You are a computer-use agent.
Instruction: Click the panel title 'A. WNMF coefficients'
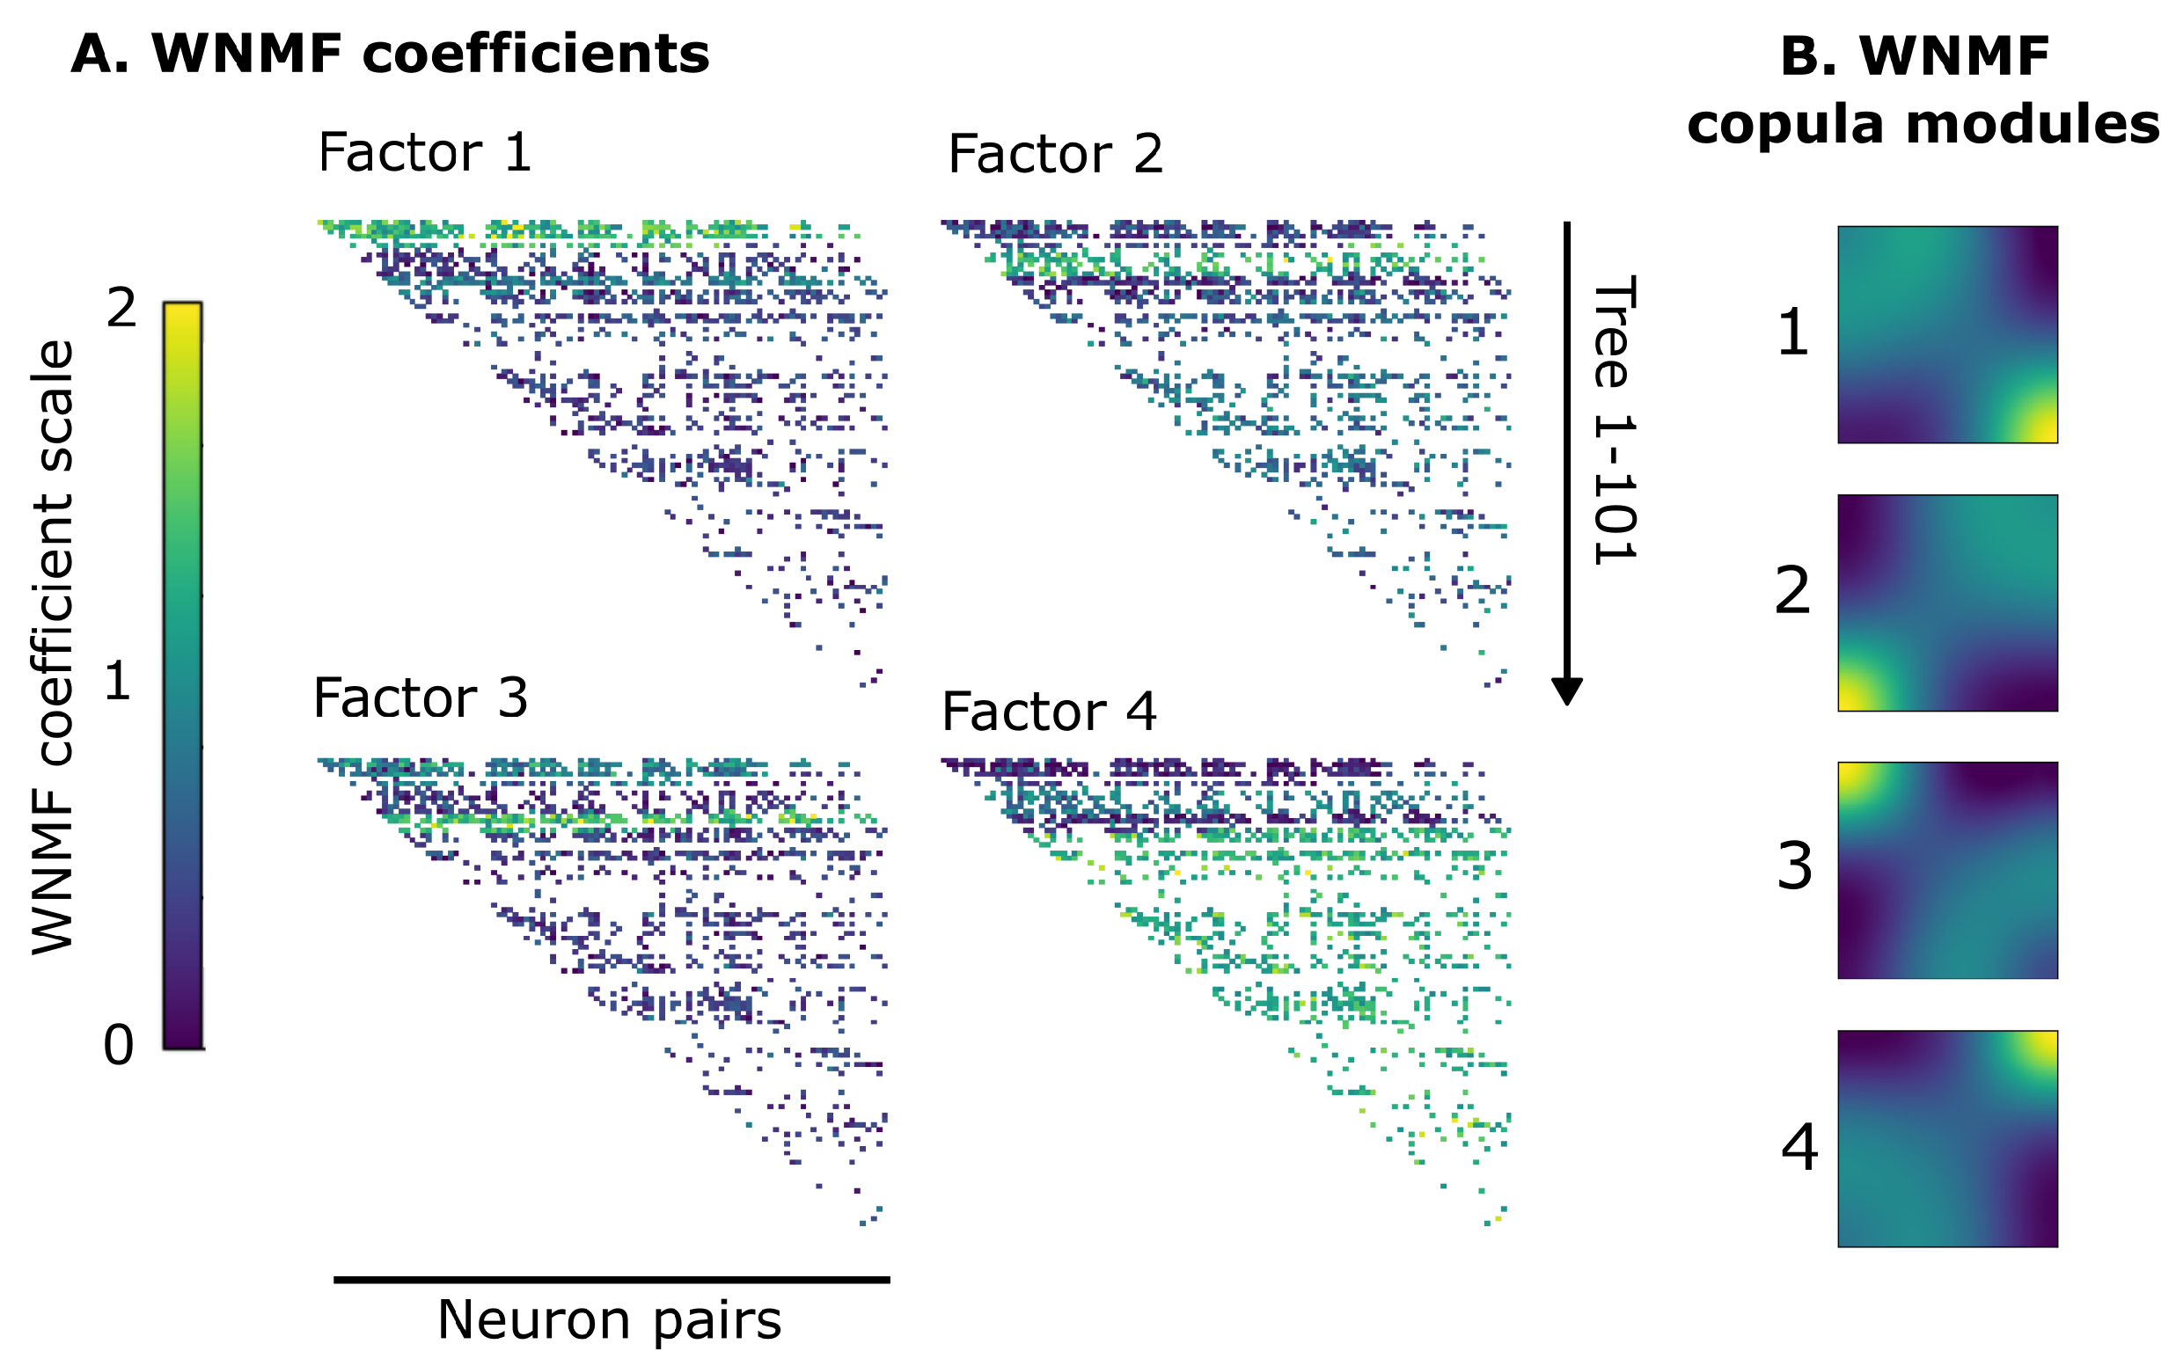390,55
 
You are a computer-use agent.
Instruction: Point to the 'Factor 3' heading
421,698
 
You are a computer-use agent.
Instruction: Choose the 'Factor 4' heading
1048,712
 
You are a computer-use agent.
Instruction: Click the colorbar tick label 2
121,309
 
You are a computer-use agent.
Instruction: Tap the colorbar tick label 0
119,1045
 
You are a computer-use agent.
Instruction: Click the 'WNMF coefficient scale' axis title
52,646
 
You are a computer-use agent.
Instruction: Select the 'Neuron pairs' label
609,1320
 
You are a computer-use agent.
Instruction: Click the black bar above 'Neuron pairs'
612,1279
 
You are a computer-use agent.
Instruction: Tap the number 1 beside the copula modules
1793,332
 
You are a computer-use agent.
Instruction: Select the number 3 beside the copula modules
1795,866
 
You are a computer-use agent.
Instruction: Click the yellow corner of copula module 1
2040,424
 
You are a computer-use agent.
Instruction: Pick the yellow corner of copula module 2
1855,694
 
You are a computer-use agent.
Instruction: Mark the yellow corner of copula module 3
1855,778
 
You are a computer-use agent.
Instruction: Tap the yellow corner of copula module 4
2040,1047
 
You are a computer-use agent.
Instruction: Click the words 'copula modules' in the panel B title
1923,124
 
